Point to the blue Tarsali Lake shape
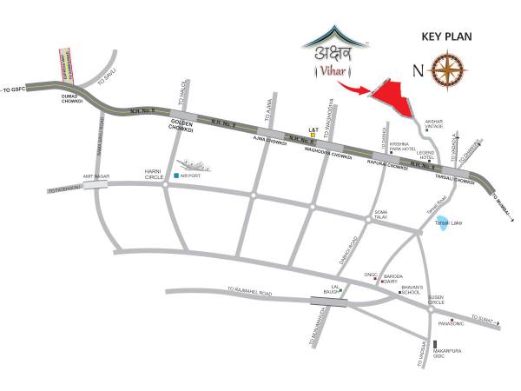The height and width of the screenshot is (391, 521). [443, 223]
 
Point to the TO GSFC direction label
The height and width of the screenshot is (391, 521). [17, 89]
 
